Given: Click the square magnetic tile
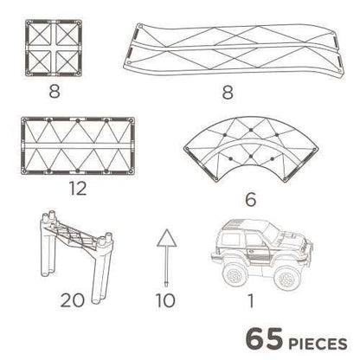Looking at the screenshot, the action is [54, 48].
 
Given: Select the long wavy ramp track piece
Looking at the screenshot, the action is [235, 49].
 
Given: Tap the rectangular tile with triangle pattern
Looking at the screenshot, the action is [78, 145].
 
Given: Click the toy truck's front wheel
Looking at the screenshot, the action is [286, 279].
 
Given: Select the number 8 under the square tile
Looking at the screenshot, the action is [55, 92].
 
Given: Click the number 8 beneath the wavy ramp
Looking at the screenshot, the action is [228, 93].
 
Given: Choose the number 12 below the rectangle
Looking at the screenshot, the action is [78, 189].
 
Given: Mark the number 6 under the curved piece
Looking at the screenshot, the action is [250, 200].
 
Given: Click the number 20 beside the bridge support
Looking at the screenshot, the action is [72, 300].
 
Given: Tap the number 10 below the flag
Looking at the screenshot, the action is [165, 300].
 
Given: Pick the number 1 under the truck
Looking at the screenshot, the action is [251, 300].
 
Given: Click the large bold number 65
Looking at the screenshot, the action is [264, 338].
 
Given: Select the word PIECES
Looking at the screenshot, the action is [318, 344].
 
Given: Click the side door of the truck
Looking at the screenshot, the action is [257, 247].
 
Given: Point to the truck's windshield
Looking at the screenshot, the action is [271, 230].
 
